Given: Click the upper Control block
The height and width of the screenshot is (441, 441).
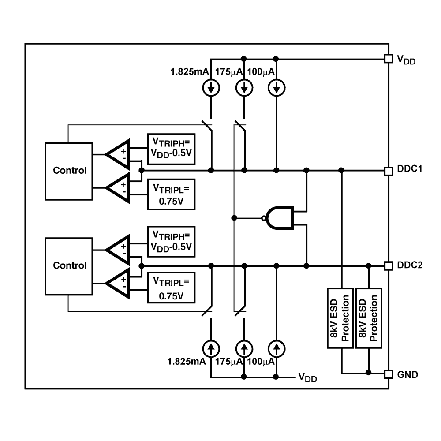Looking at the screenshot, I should coord(69,171).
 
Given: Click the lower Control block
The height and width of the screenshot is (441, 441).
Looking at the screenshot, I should coord(69,265).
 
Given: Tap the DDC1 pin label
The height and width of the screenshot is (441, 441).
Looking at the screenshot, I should coord(410,169).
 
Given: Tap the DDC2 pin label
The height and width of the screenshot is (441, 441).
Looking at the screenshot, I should coord(410,265).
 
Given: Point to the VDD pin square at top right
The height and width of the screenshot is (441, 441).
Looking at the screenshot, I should coord(389,59).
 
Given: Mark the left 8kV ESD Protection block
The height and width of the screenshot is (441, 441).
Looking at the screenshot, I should coord(340,318).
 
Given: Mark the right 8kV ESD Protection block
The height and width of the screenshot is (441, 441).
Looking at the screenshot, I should coord(368,318).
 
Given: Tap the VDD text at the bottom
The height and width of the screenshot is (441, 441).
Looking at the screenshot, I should coord(307,377).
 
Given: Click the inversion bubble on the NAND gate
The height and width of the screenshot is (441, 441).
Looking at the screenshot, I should coord(263,218).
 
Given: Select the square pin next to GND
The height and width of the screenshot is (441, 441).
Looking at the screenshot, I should coord(389,374).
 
